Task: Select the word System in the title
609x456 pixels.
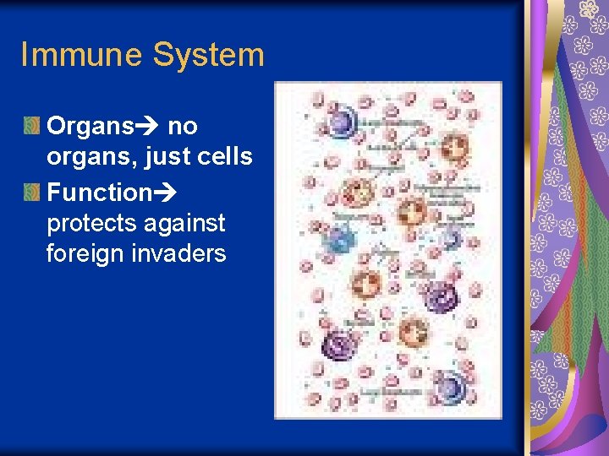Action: pyautogui.click(x=207, y=56)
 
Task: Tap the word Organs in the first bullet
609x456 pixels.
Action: pyautogui.click(x=91, y=128)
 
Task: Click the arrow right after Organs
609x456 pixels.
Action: pyautogui.click(x=149, y=128)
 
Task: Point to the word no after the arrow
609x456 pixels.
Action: pyautogui.click(x=183, y=128)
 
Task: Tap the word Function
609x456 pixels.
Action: pyautogui.click(x=99, y=193)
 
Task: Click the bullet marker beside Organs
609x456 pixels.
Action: pyautogui.click(x=31, y=128)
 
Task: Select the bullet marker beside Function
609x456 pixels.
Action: pyautogui.click(x=31, y=193)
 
